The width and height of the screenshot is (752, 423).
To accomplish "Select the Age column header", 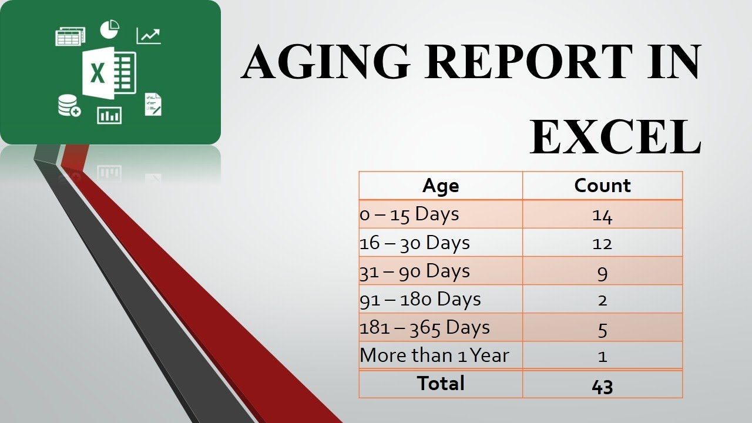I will tap(441, 186).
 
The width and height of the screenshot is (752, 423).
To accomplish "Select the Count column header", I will tap(602, 186).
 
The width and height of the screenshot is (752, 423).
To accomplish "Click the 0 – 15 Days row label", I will tap(409, 214).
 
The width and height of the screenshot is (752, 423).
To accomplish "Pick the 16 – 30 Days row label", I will tap(415, 243).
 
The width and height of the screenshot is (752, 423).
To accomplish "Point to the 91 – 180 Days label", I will tap(420, 299).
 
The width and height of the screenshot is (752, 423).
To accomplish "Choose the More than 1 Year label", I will tap(434, 355).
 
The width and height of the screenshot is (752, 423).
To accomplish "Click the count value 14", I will tap(602, 216).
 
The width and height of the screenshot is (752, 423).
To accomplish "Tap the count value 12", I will tap(602, 243).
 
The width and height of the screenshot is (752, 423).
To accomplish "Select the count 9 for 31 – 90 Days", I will tap(602, 272).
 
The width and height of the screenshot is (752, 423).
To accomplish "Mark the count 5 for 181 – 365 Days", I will tap(602, 328).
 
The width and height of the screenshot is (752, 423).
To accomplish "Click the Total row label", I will tap(441, 384).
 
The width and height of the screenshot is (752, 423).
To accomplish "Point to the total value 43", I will tap(602, 386).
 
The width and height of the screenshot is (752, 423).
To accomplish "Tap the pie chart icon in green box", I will tap(110, 28).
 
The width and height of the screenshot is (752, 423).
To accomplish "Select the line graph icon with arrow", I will tap(149, 35).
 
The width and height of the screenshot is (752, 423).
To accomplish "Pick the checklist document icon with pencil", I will tap(153, 105).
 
